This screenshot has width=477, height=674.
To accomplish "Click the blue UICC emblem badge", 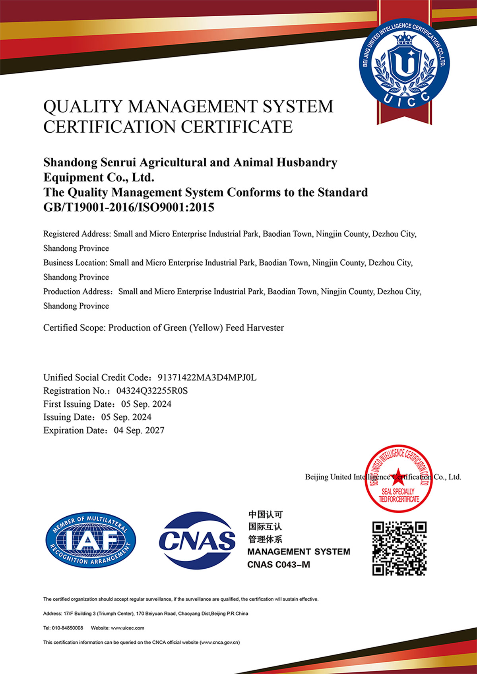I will click(x=404, y=63).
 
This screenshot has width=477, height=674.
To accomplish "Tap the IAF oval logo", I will click(x=91, y=540).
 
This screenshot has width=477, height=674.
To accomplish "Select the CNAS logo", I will click(x=197, y=540).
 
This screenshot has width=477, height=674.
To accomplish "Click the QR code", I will click(x=399, y=548).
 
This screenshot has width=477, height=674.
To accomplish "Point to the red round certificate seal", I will click(x=399, y=478).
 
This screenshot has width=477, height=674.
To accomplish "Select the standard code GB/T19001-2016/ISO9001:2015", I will click(x=129, y=207).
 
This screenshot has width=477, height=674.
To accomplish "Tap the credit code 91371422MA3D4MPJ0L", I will click(x=207, y=377).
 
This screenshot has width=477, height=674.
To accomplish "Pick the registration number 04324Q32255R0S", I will click(x=152, y=391).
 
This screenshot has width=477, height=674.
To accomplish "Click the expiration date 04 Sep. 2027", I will click(x=139, y=430).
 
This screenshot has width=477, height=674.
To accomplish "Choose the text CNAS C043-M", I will click(x=279, y=564).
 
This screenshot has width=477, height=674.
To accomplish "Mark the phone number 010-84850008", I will click(x=68, y=628).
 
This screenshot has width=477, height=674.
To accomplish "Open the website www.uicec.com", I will click(x=127, y=628).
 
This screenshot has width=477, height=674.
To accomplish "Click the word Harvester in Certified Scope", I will click(x=265, y=328).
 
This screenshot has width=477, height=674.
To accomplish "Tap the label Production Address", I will click(x=77, y=292).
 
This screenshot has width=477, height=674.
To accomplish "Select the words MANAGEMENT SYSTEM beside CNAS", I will click(x=299, y=552).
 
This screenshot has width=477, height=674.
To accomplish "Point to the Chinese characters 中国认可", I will click(x=266, y=515).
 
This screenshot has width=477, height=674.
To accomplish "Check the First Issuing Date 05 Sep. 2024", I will click(x=146, y=404).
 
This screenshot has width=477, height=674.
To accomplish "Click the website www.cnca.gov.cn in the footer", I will click(x=220, y=642).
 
